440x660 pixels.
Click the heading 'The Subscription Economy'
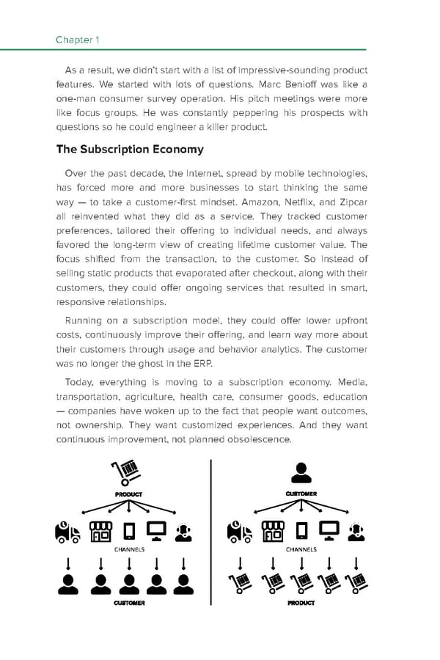[x=130, y=150]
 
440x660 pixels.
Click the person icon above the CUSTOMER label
[x=301, y=472]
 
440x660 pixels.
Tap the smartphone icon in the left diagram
[x=129, y=531]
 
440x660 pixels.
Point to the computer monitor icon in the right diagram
[x=329, y=530]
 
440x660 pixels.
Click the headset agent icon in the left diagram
[x=184, y=531]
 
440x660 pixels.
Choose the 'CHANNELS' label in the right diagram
[x=301, y=549]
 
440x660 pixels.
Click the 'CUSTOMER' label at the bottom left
[x=129, y=603]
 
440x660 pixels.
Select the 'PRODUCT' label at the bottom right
[x=301, y=603]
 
